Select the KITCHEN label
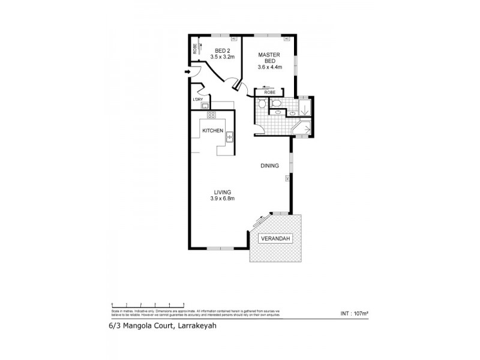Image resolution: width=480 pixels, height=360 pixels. point(212,131)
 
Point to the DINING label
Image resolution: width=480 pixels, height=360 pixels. point(269,166)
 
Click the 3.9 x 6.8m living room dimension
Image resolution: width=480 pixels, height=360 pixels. point(221,199)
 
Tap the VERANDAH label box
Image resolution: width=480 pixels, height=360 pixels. point(274,239)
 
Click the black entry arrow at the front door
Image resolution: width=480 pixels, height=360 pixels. point(188,73)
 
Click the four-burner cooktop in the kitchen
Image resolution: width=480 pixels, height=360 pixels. point(211,115)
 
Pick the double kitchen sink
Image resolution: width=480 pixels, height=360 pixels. point(229,138)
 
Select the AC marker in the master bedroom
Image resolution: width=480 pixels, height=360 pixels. point(287,39)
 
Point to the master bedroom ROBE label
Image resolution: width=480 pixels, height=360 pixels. point(269,92)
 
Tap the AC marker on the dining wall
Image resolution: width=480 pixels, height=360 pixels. point(288,178)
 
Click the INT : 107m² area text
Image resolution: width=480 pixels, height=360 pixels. point(354,313)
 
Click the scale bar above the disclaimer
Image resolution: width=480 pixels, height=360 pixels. point(148,305)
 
